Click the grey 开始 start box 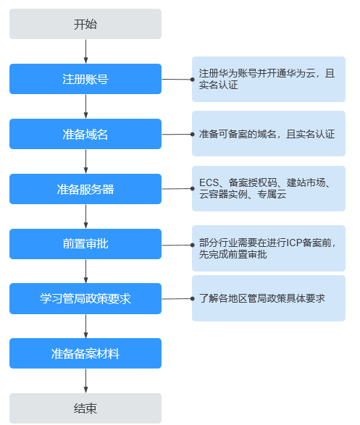pos(85,24)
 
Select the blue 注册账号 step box pos(85,79)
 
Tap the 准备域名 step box pos(85,134)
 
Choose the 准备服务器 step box pos(85,189)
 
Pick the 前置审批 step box pos(85,244)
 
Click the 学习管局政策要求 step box pos(85,299)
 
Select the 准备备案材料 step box pos(85,353)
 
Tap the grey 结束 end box pos(85,408)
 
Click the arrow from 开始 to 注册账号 pos(85,51)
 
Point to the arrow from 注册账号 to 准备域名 pos(85,106)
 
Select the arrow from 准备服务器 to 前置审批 pos(85,216)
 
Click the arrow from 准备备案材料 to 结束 pos(85,381)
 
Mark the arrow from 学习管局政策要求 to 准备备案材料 pos(85,327)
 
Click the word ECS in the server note pos(209,182)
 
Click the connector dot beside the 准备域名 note pos(193,134)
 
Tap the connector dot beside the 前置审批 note pos(193,245)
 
